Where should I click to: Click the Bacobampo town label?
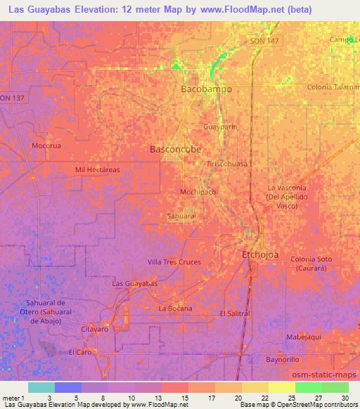tap(206, 90)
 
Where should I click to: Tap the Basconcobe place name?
tap(176, 150)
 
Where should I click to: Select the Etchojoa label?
tap(262, 255)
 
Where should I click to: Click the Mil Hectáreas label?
tap(97, 170)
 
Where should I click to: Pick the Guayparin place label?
tap(219, 127)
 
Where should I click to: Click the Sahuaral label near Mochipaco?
tap(181, 216)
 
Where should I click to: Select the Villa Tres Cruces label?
tap(174, 262)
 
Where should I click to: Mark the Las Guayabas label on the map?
tap(134, 283)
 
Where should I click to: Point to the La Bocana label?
tap(175, 309)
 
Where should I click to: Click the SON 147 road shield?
tap(264, 43)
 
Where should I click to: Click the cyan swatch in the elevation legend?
tap(41, 387)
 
